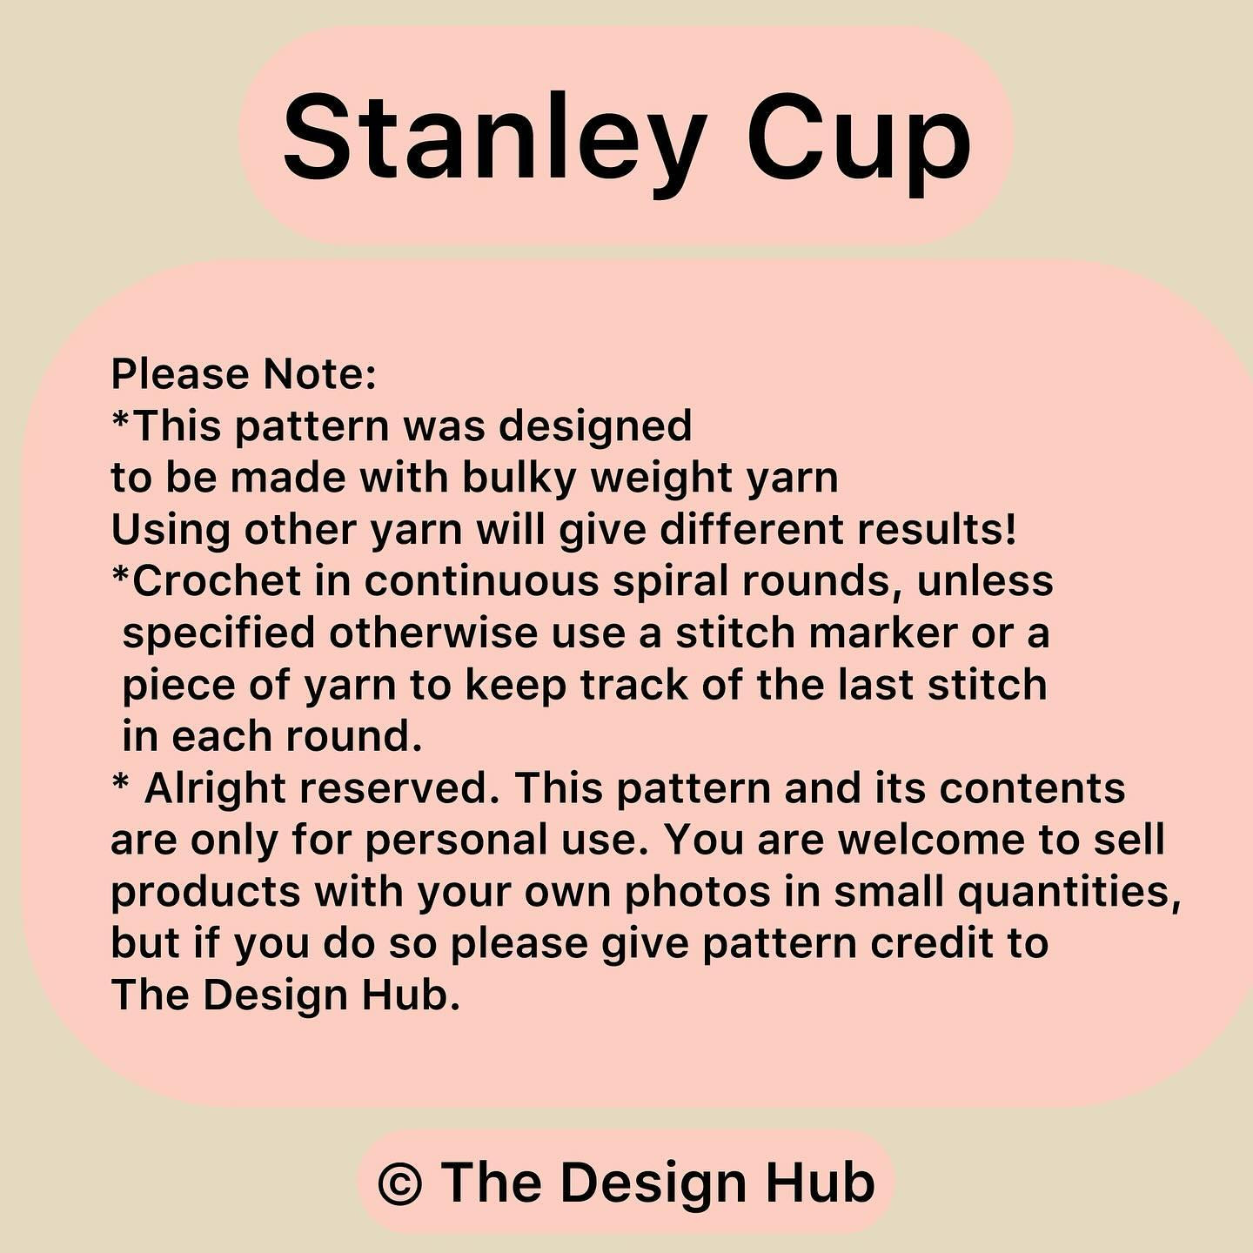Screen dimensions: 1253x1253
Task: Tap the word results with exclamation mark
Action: (936, 531)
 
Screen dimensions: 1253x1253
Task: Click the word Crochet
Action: (218, 581)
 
